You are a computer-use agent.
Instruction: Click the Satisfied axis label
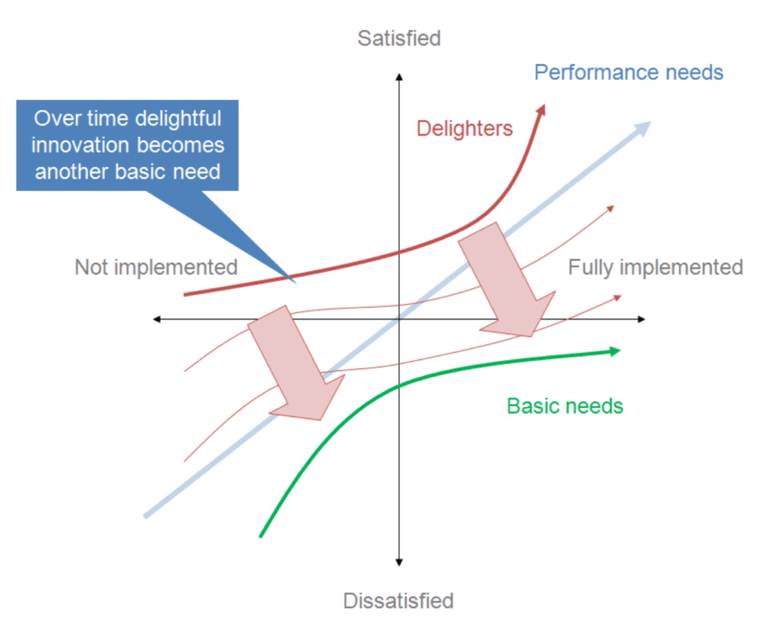coord(399,38)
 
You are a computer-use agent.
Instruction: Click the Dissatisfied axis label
coord(399,600)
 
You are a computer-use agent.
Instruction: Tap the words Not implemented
coord(156,267)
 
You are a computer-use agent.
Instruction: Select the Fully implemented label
coord(655,268)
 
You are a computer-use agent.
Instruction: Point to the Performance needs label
coord(629,72)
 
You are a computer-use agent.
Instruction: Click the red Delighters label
coord(465,128)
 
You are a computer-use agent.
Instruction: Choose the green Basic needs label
coord(565,406)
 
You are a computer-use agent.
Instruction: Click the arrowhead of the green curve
coord(615,351)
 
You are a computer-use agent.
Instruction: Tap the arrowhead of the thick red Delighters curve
coord(541,110)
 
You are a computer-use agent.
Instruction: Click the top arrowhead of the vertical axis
coord(399,77)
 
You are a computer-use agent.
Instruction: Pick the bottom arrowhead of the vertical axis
coord(399,563)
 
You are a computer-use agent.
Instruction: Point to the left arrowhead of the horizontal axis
coord(156,320)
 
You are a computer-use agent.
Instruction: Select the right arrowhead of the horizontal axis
coord(642,320)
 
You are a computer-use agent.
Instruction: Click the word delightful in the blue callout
coord(177,118)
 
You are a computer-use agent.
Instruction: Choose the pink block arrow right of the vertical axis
coord(507,279)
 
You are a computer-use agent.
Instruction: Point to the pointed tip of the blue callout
coord(296,283)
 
